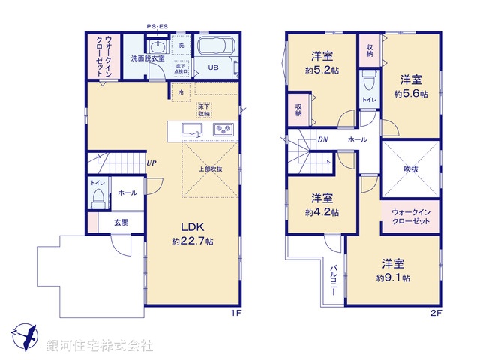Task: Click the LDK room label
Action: click(190, 228)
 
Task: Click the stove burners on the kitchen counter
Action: click(223, 130)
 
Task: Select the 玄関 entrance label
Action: click(121, 222)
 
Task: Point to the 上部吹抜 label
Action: click(211, 169)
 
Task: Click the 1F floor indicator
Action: click(235, 312)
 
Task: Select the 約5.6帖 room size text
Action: click(411, 94)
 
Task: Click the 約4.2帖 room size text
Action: click(322, 212)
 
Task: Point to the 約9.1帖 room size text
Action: click(394, 277)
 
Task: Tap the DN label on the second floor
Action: click(322, 140)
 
